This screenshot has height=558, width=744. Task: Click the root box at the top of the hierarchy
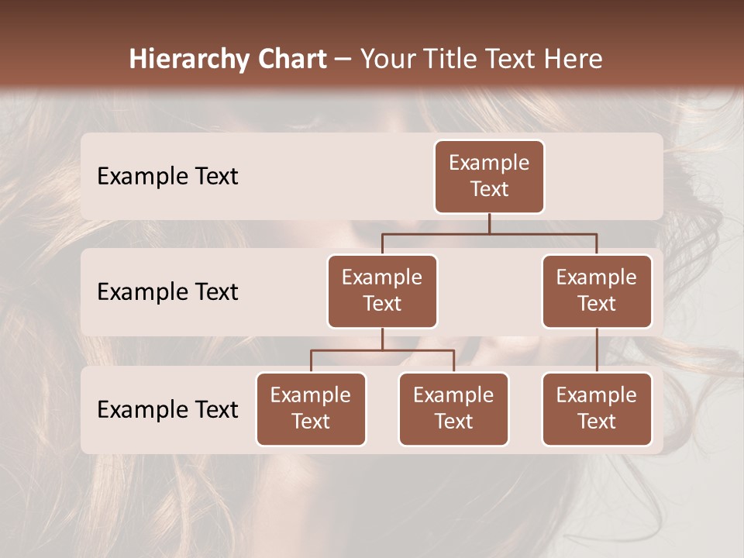point(489,176)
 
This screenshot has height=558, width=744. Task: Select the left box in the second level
point(382,291)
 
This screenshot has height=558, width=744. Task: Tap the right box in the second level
point(597,291)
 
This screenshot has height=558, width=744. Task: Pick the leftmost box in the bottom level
point(311,408)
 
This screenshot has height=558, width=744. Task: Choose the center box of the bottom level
point(453,408)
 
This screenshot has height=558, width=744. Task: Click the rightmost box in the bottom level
point(597,408)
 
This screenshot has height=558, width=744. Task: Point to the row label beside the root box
point(167,176)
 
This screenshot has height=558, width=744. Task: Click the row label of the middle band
point(167,291)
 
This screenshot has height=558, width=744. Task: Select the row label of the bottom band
point(167,409)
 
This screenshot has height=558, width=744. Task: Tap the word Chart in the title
point(291,59)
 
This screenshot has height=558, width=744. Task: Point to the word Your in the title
point(387,59)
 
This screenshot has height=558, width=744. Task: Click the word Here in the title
point(573,59)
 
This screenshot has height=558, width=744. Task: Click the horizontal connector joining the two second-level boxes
point(542,232)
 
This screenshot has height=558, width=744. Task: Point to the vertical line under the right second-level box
point(597,350)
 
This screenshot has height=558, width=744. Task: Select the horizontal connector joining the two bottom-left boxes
point(418,350)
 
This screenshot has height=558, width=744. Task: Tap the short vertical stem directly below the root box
point(489,223)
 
